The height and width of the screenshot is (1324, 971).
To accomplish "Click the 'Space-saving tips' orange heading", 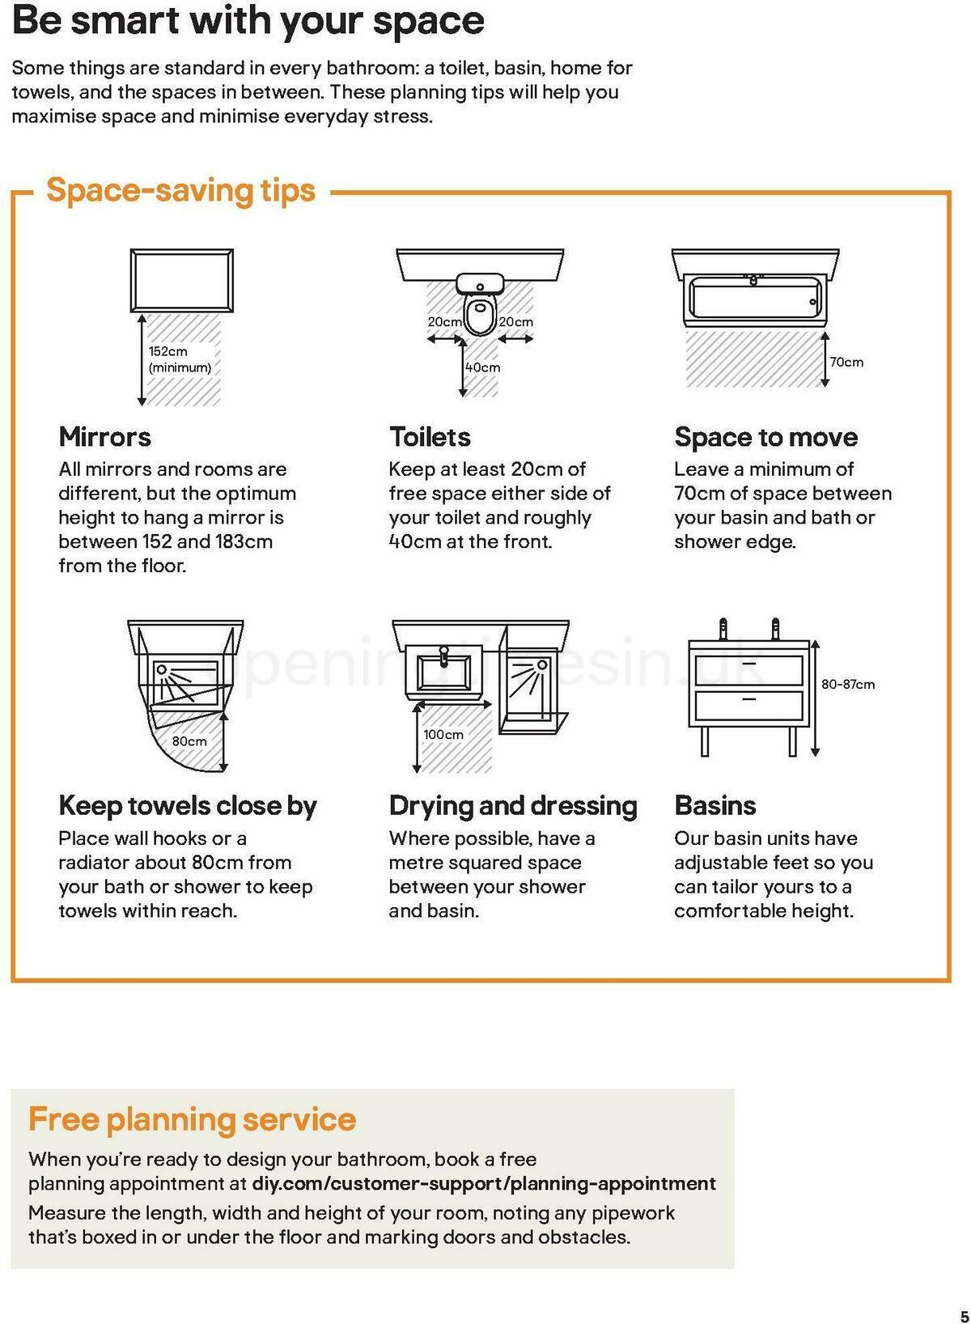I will tap(180, 191).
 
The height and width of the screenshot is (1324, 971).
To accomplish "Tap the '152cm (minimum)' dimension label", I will tap(179, 359).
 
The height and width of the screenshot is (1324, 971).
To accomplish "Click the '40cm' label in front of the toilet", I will tap(483, 367).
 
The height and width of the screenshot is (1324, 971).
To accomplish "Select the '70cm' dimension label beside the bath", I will tap(846, 362).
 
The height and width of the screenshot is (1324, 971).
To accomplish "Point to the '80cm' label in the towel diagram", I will tap(189, 741).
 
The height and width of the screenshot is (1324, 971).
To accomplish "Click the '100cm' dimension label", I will tap(443, 734).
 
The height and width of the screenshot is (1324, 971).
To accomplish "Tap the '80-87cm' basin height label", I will tap(848, 684).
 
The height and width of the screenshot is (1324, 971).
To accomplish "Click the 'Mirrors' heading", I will tap(104, 437).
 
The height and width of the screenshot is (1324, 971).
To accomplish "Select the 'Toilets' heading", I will tap(430, 437).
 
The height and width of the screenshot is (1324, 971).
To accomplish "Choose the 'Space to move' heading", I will tap(765, 437).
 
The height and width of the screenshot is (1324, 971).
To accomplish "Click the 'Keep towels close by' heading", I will tap(188, 805).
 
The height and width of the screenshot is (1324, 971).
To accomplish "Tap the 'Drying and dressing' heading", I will tap(513, 805).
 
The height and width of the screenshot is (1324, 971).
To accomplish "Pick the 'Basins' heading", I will tap(714, 805).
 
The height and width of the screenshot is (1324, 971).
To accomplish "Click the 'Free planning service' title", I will tap(192, 1119).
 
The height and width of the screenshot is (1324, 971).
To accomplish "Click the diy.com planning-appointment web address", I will tap(484, 1184).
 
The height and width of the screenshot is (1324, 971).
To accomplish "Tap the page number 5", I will tap(963, 1315).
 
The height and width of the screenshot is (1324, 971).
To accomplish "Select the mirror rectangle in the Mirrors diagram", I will tap(182, 281).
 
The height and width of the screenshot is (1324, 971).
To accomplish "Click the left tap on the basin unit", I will tap(723, 629).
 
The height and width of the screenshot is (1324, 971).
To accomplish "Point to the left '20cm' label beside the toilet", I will tap(444, 322).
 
